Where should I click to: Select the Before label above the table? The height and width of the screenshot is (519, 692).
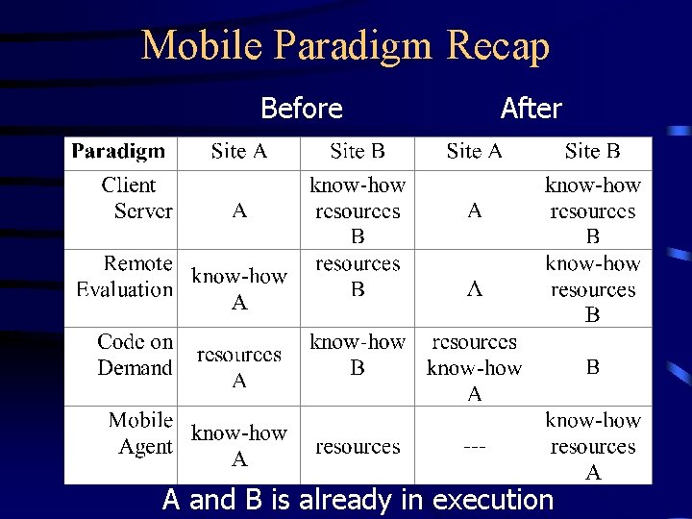click(x=301, y=109)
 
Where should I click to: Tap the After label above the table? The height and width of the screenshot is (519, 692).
click(x=531, y=109)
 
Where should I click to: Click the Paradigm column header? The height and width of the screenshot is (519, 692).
click(x=118, y=151)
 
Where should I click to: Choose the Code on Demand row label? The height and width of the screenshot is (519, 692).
click(x=135, y=355)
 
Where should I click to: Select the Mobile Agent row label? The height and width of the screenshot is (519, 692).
click(x=140, y=433)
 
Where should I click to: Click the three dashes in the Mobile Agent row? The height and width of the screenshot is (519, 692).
click(x=474, y=447)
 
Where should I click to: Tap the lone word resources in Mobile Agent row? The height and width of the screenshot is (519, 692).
click(x=358, y=447)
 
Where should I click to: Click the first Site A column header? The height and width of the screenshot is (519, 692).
click(x=239, y=151)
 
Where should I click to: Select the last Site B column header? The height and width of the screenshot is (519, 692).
click(x=592, y=151)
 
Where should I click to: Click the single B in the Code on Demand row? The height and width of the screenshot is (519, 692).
click(x=593, y=367)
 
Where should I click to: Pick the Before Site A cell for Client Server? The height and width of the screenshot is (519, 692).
click(x=239, y=210)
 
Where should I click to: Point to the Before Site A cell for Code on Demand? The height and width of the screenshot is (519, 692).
click(x=239, y=367)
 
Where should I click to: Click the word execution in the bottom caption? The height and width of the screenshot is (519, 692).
click(x=493, y=500)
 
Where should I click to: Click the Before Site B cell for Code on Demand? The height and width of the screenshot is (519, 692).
click(x=358, y=355)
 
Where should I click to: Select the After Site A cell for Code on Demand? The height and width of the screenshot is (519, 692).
click(x=474, y=367)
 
